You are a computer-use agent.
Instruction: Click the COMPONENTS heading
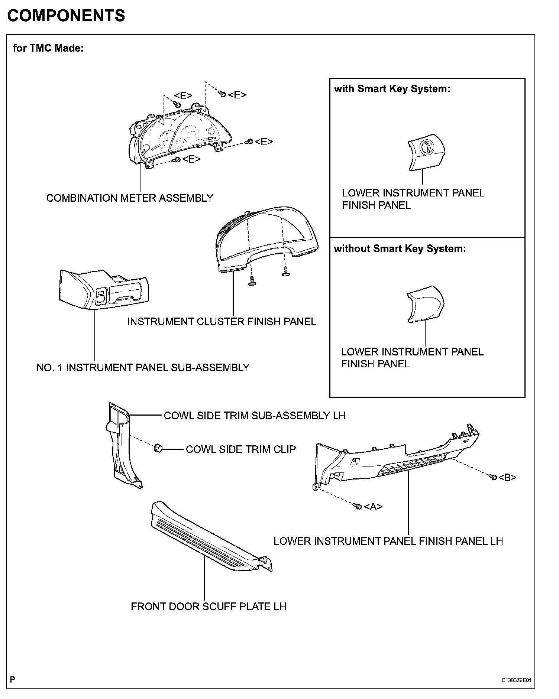(66, 16)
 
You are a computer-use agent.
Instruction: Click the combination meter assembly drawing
(175, 137)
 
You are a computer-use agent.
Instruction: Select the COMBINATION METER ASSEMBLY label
(130, 198)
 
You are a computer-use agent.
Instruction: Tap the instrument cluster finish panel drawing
(266, 238)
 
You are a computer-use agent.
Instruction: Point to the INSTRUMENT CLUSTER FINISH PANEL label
(221, 322)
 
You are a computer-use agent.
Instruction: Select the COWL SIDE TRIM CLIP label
(240, 449)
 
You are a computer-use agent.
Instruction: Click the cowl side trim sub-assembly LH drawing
(121, 446)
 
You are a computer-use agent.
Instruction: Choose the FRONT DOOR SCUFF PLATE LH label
(209, 607)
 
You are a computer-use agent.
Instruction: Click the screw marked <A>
(358, 506)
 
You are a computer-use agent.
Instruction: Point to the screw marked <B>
(494, 477)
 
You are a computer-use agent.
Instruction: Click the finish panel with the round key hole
(427, 152)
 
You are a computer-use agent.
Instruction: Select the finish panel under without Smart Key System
(426, 304)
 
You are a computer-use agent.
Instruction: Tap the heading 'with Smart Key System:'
(392, 89)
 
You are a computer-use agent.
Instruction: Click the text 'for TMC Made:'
(48, 48)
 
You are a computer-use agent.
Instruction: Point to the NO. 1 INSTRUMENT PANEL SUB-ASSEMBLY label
(143, 368)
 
